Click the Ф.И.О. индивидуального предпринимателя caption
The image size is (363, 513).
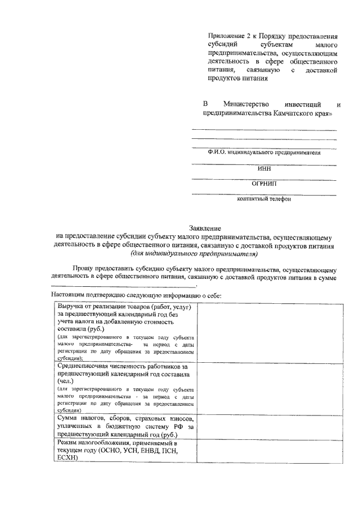click(264, 153)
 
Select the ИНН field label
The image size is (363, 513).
click(264, 168)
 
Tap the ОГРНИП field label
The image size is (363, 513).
click(264, 184)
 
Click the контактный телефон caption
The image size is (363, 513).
click(264, 199)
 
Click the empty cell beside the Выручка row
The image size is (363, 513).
click(269, 332)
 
